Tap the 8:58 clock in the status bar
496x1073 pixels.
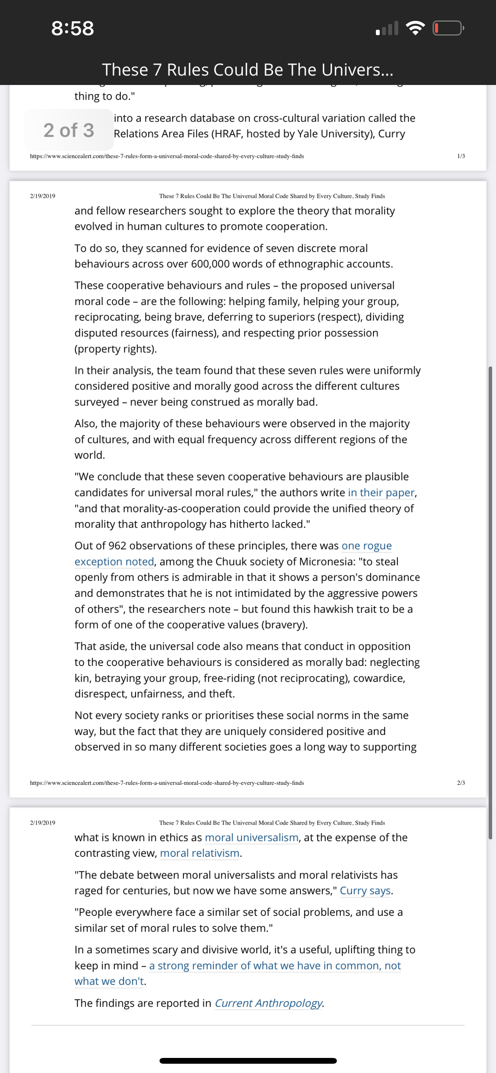(x=73, y=28)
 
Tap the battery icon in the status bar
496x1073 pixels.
(x=448, y=28)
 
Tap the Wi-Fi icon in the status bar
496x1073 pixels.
(x=415, y=28)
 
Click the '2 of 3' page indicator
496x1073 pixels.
(x=69, y=130)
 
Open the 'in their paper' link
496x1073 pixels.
(x=381, y=492)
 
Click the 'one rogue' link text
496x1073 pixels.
(x=367, y=546)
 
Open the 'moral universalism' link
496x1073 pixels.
(x=251, y=837)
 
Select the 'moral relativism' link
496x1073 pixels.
(x=199, y=853)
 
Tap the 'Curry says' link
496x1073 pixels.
(x=365, y=891)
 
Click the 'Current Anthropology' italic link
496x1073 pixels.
(x=268, y=1003)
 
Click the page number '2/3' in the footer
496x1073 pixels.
(x=460, y=783)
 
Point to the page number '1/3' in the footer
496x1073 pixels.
(x=460, y=156)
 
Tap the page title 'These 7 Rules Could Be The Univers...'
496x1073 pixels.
(x=248, y=70)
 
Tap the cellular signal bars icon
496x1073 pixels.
(x=387, y=28)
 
